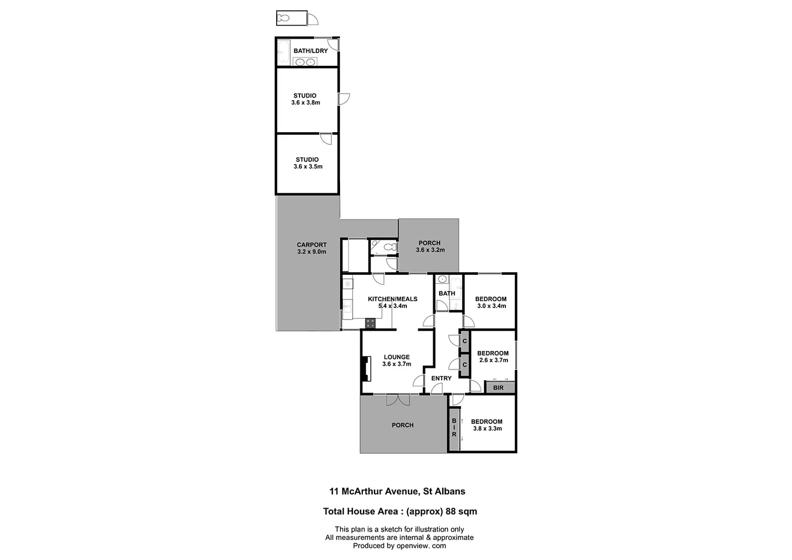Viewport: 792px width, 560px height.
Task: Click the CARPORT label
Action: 312,245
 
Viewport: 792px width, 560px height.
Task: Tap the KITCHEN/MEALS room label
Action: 392,299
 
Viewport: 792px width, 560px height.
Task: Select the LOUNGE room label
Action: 397,357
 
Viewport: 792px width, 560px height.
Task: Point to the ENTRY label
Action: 441,378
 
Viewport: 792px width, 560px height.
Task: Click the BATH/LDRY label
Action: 310,51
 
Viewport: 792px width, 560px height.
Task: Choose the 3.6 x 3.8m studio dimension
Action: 305,103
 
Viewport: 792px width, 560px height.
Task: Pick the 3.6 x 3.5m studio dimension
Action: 308,166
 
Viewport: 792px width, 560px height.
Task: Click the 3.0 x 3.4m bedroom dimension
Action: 491,306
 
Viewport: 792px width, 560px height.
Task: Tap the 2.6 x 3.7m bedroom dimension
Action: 493,360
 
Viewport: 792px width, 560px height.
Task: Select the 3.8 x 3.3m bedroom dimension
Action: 487,429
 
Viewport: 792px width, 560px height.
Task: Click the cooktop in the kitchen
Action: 370,323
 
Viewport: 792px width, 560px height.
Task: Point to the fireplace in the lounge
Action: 366,369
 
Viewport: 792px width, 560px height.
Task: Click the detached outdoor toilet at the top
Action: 284,18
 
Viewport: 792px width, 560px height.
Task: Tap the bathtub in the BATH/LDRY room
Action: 283,52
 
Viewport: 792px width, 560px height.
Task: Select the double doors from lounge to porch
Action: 398,399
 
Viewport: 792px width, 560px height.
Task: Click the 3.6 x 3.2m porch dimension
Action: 430,250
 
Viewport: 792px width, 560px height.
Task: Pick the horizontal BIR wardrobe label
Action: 498,387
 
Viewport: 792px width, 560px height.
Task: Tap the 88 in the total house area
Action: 451,511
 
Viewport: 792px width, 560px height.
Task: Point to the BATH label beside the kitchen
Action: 446,293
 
